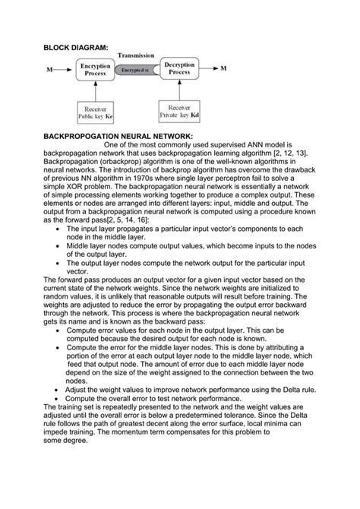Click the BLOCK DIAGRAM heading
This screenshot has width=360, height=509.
coord(76,48)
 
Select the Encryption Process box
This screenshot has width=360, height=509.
coord(95,70)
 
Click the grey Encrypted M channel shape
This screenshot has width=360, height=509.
coord(137,70)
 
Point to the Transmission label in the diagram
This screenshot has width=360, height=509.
coord(137,56)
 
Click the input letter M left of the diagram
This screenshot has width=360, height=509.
coord(49,70)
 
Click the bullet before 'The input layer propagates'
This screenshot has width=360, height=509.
coord(59,229)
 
